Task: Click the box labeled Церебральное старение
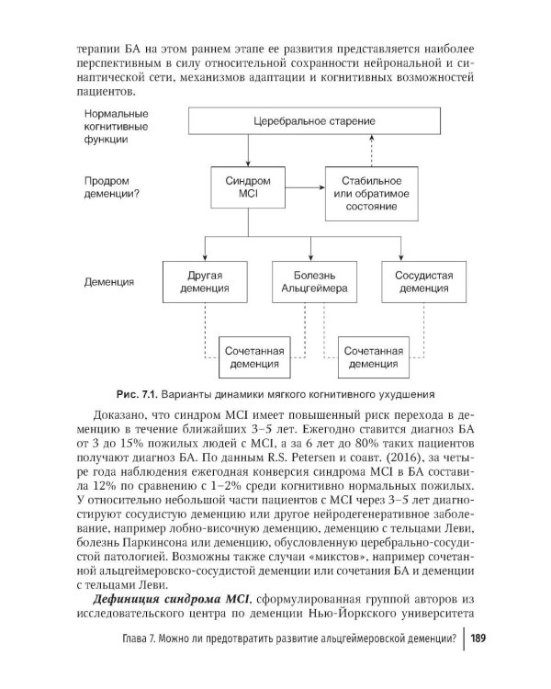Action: coord(305,121)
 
